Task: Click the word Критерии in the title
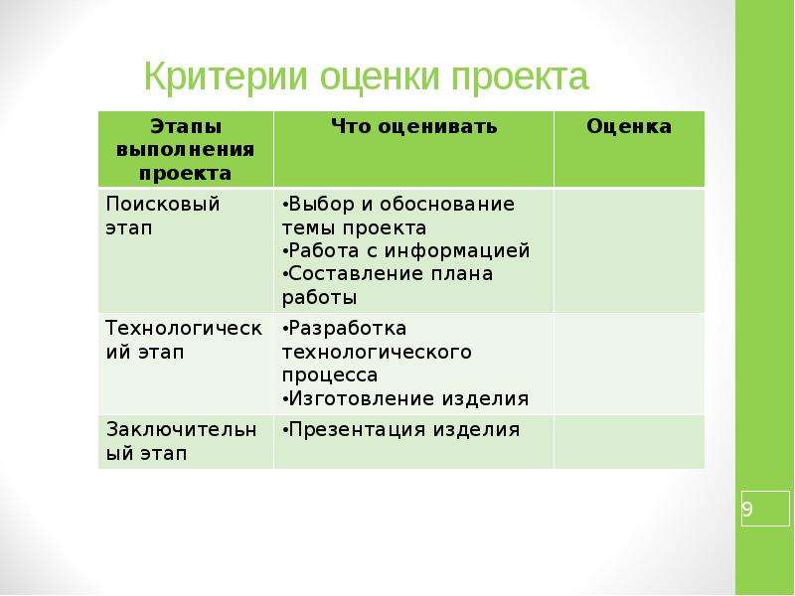(x=227, y=77)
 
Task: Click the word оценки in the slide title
(x=380, y=77)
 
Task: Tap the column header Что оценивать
(x=413, y=126)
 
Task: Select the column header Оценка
(x=629, y=126)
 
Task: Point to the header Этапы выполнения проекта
(x=186, y=150)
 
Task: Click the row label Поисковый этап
(x=163, y=216)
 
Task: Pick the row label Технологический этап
(x=184, y=340)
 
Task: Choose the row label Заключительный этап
(x=182, y=441)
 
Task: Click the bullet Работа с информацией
(x=406, y=250)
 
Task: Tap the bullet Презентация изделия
(x=401, y=430)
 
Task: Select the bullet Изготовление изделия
(x=405, y=398)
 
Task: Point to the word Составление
(x=357, y=274)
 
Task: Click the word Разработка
(x=347, y=329)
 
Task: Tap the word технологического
(x=377, y=352)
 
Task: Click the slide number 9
(x=747, y=509)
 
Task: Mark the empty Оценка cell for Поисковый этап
(x=629, y=250)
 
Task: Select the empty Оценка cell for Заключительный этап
(x=629, y=442)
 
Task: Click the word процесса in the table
(x=330, y=375)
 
